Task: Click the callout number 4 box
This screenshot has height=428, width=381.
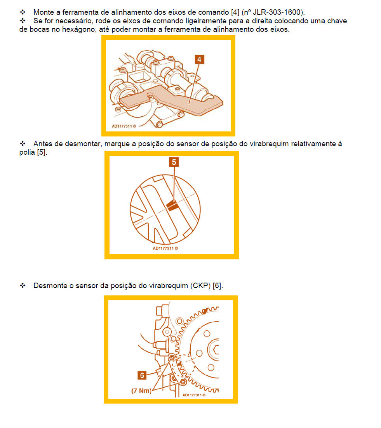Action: [x=199, y=59]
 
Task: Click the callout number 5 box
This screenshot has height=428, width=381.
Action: [x=174, y=162]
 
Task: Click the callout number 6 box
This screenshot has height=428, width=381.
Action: [x=142, y=375]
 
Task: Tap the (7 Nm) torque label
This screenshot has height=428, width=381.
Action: [x=141, y=391]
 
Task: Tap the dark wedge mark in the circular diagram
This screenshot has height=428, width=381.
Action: [x=172, y=205]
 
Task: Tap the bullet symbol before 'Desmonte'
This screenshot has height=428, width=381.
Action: [x=23, y=285]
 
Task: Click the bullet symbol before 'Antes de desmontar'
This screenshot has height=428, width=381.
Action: [x=23, y=143]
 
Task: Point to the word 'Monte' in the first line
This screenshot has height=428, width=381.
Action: [x=44, y=12]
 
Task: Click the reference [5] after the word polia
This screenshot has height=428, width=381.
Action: [x=42, y=152]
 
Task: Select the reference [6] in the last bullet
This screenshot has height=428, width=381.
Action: [x=217, y=285]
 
